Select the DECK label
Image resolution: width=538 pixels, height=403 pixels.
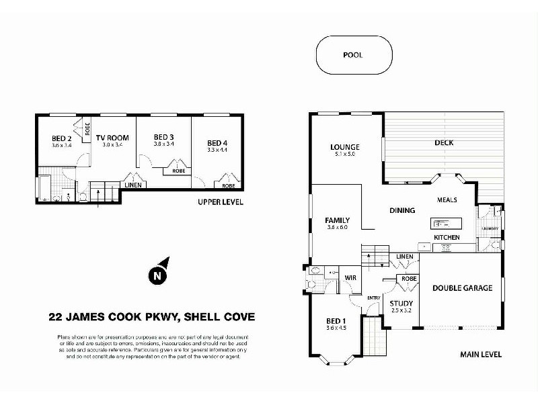[x=444, y=142]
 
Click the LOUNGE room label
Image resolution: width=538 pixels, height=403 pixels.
[x=344, y=147]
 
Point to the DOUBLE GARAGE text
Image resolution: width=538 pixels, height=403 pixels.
[x=462, y=288]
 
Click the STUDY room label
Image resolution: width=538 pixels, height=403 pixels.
[x=401, y=304]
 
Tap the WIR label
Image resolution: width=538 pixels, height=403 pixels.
[x=350, y=277]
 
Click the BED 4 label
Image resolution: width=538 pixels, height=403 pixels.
[x=217, y=142]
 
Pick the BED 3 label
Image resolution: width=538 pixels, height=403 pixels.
[x=163, y=137]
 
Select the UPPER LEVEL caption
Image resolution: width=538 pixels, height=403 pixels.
[x=220, y=201]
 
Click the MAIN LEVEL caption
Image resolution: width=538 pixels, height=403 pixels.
[x=481, y=354]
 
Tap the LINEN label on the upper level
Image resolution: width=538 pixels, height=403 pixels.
[x=132, y=185]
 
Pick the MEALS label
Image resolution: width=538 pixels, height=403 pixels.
[x=447, y=199]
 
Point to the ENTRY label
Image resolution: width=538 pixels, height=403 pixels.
[x=374, y=298]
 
